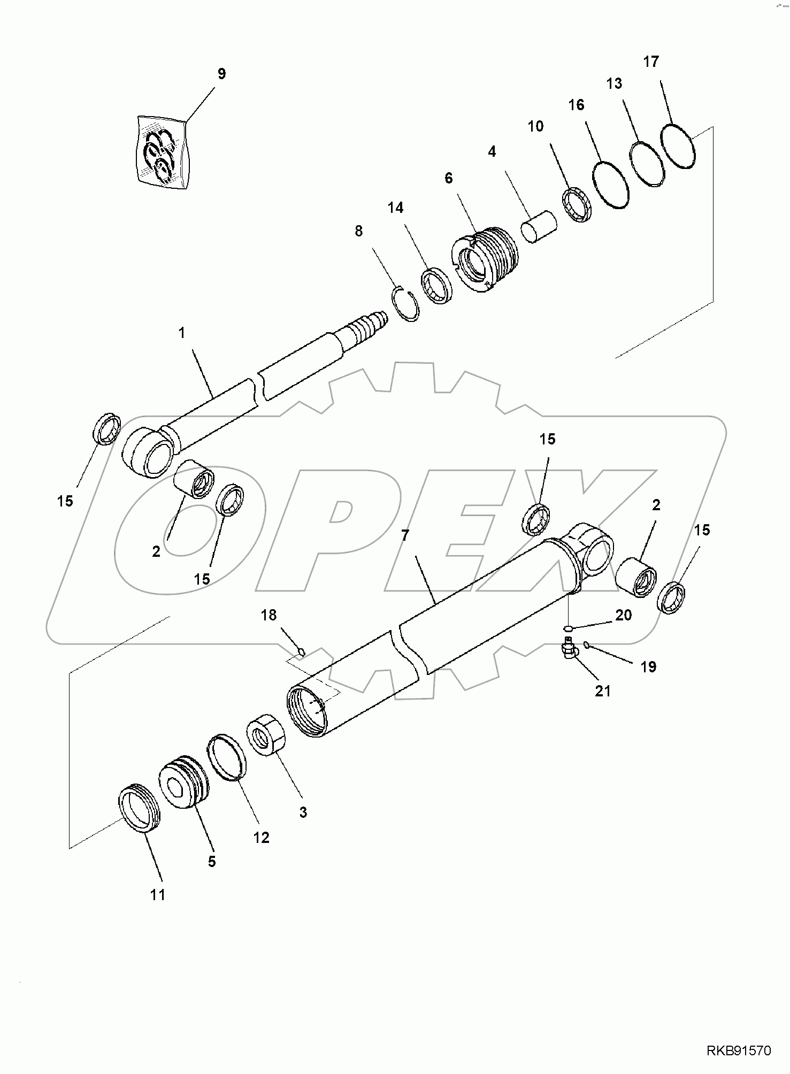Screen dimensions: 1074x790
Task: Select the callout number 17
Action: (650, 62)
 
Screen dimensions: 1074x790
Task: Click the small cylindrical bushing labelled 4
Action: (539, 227)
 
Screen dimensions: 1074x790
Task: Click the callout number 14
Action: (395, 208)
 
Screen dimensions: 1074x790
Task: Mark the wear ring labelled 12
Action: (226, 758)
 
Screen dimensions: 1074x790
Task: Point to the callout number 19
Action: (648, 667)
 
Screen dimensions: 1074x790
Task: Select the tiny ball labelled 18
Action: (301, 651)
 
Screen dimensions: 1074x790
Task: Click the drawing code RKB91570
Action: (739, 1051)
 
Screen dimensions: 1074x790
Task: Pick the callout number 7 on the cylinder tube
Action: (405, 535)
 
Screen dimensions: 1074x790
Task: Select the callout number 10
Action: (535, 127)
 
